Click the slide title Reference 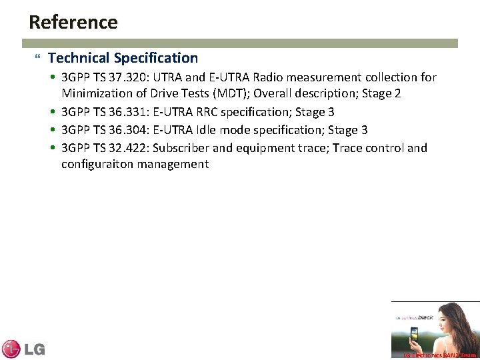click(73, 23)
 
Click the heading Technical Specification click(123, 58)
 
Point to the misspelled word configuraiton click(97, 164)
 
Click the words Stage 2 click(381, 94)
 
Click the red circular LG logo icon click(11, 349)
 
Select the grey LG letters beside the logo click(34, 349)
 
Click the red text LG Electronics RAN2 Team click(440, 355)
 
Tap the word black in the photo click(425, 317)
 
